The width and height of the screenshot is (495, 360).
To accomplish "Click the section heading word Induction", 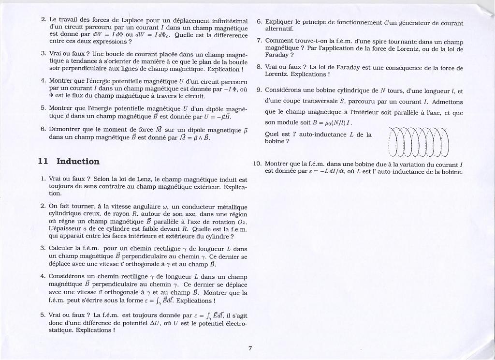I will (78, 162).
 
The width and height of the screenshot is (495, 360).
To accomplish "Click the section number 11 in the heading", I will (43, 162).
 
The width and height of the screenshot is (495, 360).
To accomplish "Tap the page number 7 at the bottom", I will (250, 348).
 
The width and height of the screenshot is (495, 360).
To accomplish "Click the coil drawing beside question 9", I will (419, 142).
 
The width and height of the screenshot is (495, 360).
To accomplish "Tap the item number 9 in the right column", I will (259, 90).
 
